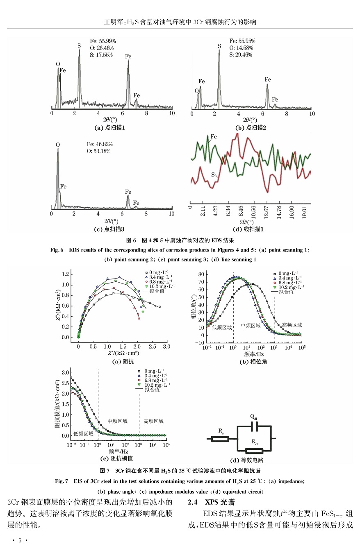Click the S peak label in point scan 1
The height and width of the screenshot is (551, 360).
(79, 45)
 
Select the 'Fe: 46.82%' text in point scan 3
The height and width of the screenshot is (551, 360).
(99, 145)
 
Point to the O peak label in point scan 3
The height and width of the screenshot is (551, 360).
(58, 145)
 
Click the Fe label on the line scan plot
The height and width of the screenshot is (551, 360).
(213, 136)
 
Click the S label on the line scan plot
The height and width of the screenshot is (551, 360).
(213, 175)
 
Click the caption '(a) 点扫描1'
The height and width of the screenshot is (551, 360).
(109, 128)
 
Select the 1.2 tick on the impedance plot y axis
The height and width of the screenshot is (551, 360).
(64, 274)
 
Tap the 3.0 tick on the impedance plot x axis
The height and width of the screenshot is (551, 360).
(166, 347)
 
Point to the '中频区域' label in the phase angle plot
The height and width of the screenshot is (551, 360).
(251, 326)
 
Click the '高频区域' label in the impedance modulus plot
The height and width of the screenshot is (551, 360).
(153, 421)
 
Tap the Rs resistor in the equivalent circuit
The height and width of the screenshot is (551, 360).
(220, 439)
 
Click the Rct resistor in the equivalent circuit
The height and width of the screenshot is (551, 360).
(255, 450)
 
